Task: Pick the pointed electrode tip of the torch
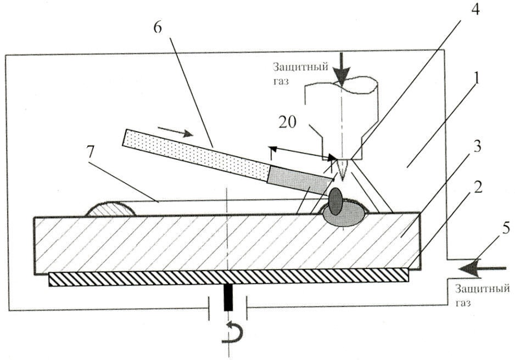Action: tap(342, 170)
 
